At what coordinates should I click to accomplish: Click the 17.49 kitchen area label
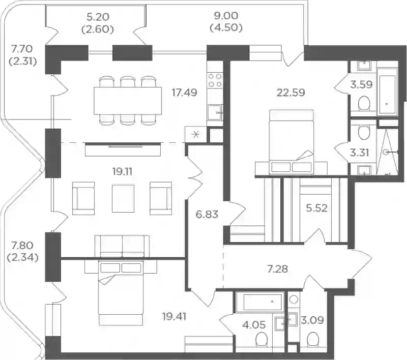click(185, 93)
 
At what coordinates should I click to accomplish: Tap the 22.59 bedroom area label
click(290, 93)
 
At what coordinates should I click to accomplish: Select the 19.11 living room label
click(122, 171)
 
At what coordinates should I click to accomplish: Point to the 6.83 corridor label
click(207, 215)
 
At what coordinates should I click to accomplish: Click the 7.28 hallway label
click(277, 269)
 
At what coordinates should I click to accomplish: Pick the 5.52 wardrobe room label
click(316, 208)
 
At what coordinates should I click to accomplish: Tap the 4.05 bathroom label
click(254, 324)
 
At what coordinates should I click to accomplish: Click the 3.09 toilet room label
click(312, 320)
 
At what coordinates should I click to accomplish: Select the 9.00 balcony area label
click(226, 16)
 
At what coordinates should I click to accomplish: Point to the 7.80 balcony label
click(22, 245)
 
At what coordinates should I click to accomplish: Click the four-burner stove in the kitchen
click(215, 80)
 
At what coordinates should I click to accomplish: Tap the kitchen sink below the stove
click(215, 112)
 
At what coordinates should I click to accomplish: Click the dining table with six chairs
click(128, 101)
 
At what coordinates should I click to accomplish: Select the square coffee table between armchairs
click(123, 198)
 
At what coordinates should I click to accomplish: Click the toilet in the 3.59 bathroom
click(364, 104)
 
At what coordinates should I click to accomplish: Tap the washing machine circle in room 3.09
click(294, 299)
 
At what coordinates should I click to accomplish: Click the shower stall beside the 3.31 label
click(387, 152)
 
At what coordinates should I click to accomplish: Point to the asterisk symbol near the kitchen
click(196, 135)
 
